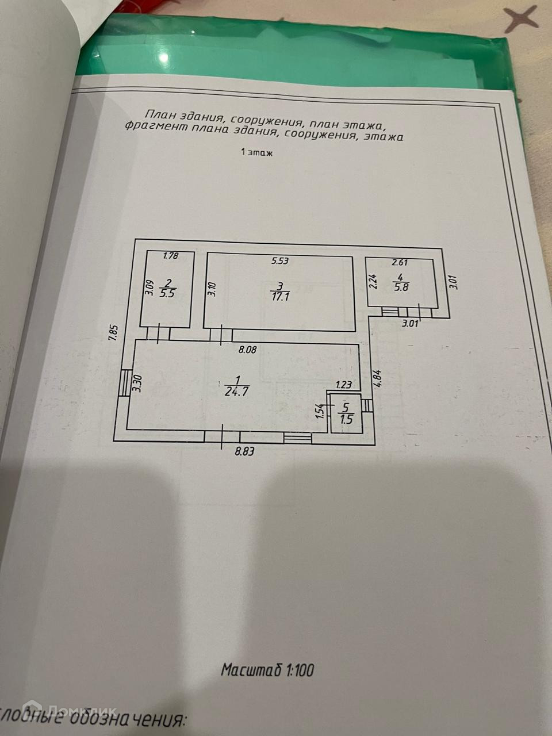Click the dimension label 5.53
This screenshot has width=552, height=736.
279,261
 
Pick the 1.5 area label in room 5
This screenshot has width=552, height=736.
345,419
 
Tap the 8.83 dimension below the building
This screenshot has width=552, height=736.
245,451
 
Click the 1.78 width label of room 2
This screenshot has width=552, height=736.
171,256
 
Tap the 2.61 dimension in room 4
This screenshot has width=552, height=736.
400,263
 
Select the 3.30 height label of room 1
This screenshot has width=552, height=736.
137,384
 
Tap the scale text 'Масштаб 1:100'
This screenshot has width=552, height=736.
267,670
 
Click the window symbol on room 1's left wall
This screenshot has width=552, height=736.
124,382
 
